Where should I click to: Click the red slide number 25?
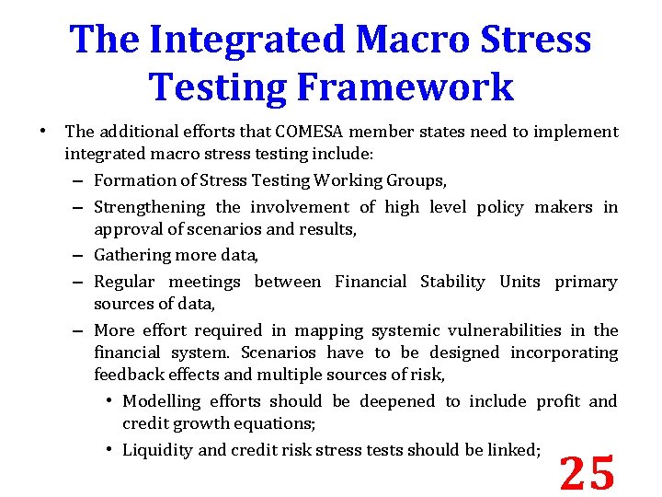click(x=588, y=473)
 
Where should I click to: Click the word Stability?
click(x=452, y=282)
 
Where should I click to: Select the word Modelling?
click(x=162, y=401)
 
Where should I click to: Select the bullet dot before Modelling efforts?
click(x=109, y=401)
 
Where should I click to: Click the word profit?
click(x=557, y=401)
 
